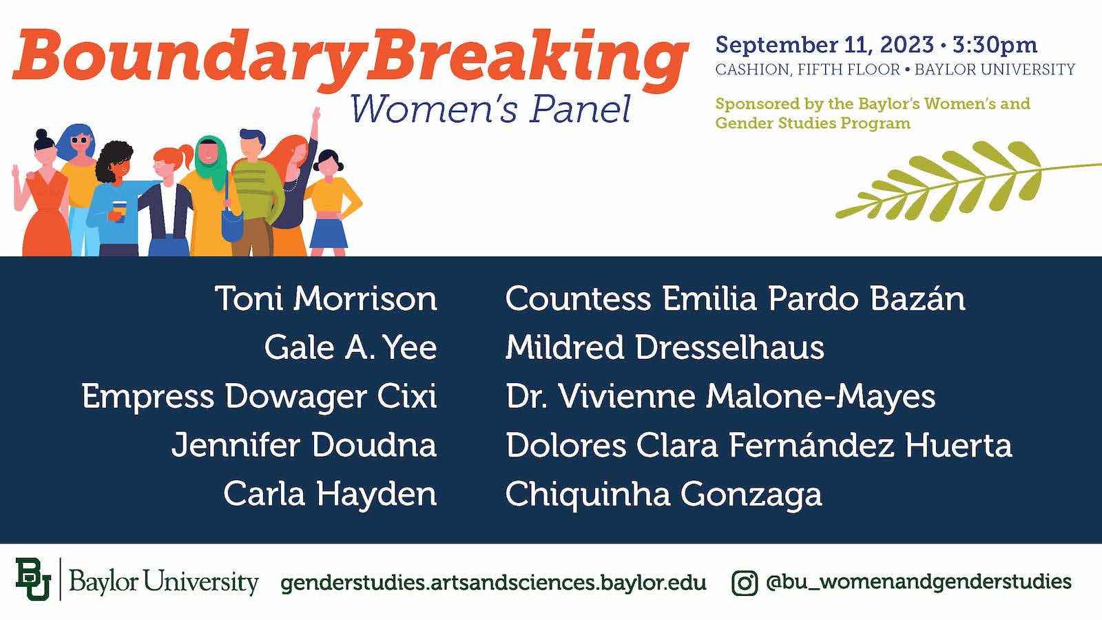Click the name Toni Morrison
[326, 299]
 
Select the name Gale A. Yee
[351, 347]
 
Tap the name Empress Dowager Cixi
[259, 397]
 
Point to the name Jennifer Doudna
[304, 445]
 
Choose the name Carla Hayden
[330, 494]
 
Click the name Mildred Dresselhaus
[665, 347]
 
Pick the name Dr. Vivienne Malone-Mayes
[720, 397]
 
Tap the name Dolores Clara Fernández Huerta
[758, 445]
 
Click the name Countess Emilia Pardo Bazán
[735, 299]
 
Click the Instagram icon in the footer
[744, 583]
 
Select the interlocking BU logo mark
[33, 579]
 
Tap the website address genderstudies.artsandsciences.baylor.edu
[493, 583]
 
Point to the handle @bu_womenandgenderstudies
[919, 582]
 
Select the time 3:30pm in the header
[995, 45]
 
